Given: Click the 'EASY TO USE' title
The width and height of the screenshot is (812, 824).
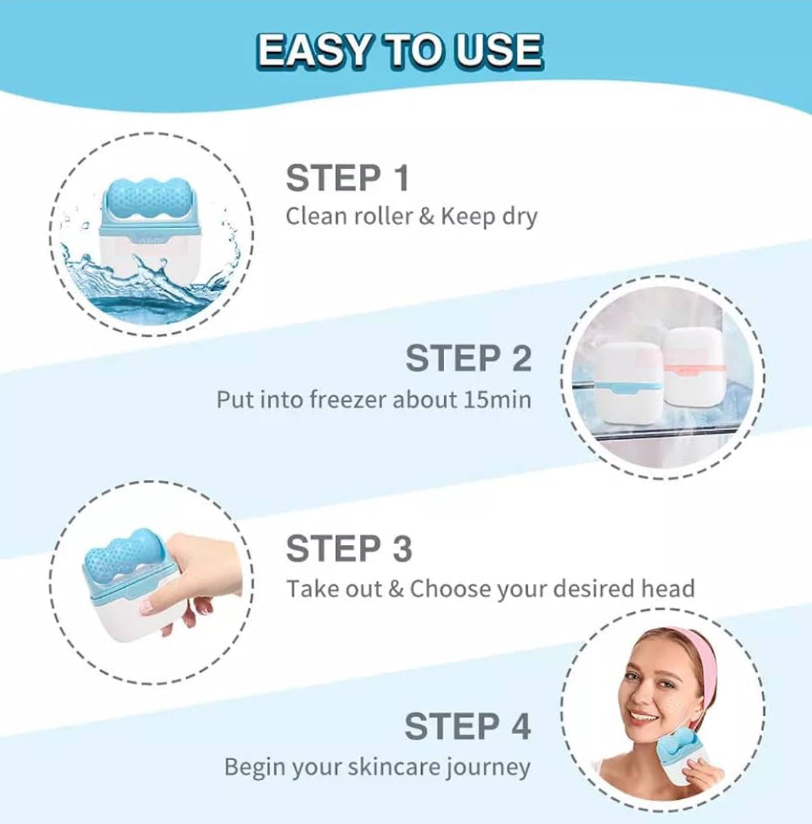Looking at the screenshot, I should pyautogui.click(x=400, y=50).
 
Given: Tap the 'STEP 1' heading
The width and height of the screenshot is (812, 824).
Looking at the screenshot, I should pyautogui.click(x=348, y=178).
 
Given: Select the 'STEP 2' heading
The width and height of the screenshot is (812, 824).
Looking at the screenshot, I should pyautogui.click(x=468, y=358).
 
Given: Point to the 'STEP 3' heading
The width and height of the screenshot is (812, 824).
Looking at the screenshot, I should pyautogui.click(x=348, y=549).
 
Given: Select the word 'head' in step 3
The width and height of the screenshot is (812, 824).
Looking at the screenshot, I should pyautogui.click(x=666, y=589).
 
